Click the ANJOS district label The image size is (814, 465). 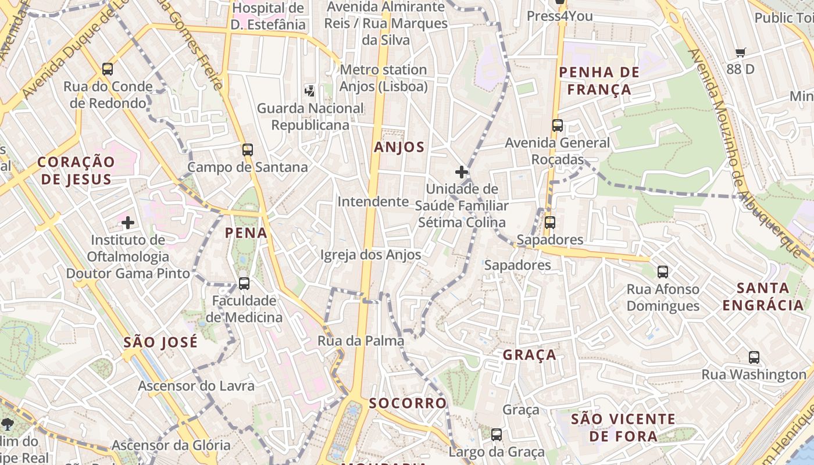point(399,147)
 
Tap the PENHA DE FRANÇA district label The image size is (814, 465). point(599,81)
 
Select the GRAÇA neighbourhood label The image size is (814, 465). point(529,355)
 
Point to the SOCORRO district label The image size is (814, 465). point(408,403)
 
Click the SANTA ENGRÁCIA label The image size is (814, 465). point(763,296)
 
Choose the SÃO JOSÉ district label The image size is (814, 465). point(160,342)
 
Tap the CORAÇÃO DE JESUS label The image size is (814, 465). point(76,170)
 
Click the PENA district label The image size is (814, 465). point(246,233)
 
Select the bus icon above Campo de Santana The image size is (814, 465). point(248,150)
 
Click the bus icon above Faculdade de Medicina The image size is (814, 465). point(244,284)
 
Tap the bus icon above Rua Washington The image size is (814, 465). point(754,357)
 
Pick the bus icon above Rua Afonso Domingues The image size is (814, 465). point(663,271)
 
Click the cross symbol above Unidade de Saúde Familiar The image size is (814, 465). point(462,172)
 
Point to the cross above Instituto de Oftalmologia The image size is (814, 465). point(128,223)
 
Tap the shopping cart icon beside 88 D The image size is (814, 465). point(741,53)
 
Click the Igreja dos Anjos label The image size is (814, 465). point(370,255)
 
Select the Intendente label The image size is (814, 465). point(373,202)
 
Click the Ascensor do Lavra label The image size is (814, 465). point(196,385)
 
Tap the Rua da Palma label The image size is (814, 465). point(360,341)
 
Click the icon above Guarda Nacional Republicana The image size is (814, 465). point(310,91)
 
